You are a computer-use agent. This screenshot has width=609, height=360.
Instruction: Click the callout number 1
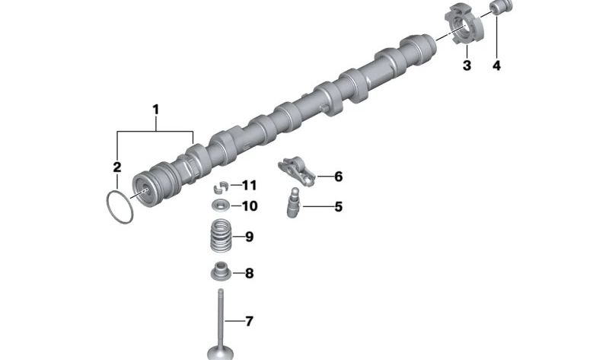(156, 110)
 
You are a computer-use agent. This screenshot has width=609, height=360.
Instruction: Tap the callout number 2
(117, 167)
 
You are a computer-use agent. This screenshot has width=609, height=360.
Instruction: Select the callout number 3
(467, 65)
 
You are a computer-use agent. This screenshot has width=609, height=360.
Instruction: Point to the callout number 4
(496, 65)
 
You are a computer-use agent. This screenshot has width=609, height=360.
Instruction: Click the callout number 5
(338, 207)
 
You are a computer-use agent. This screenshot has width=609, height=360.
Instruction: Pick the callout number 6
(338, 177)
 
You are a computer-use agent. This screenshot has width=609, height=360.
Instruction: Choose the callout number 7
(249, 321)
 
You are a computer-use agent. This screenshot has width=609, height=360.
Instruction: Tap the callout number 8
(249, 273)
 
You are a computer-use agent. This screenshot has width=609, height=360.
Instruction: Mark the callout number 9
(249, 237)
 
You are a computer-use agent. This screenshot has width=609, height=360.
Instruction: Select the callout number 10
(250, 205)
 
